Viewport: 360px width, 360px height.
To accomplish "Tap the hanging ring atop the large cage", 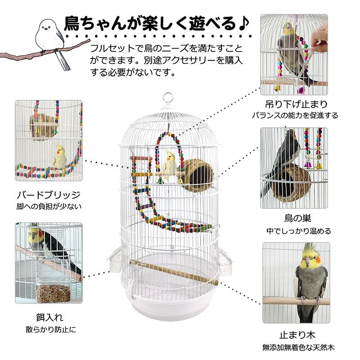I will pyautogui.click(x=167, y=97).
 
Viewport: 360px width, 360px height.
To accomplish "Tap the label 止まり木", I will pyautogui.click(x=297, y=335).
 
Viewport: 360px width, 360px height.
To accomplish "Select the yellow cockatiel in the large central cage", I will pyautogui.click(x=170, y=165).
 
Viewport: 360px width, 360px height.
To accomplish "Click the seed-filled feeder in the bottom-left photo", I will pyautogui.click(x=53, y=292).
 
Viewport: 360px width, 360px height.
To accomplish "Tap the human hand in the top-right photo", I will pyautogui.click(x=319, y=36).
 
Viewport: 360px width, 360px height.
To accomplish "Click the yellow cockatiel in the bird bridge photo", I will pyautogui.click(x=59, y=156).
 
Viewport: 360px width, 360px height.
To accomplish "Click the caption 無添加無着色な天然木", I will pyautogui.click(x=297, y=347).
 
